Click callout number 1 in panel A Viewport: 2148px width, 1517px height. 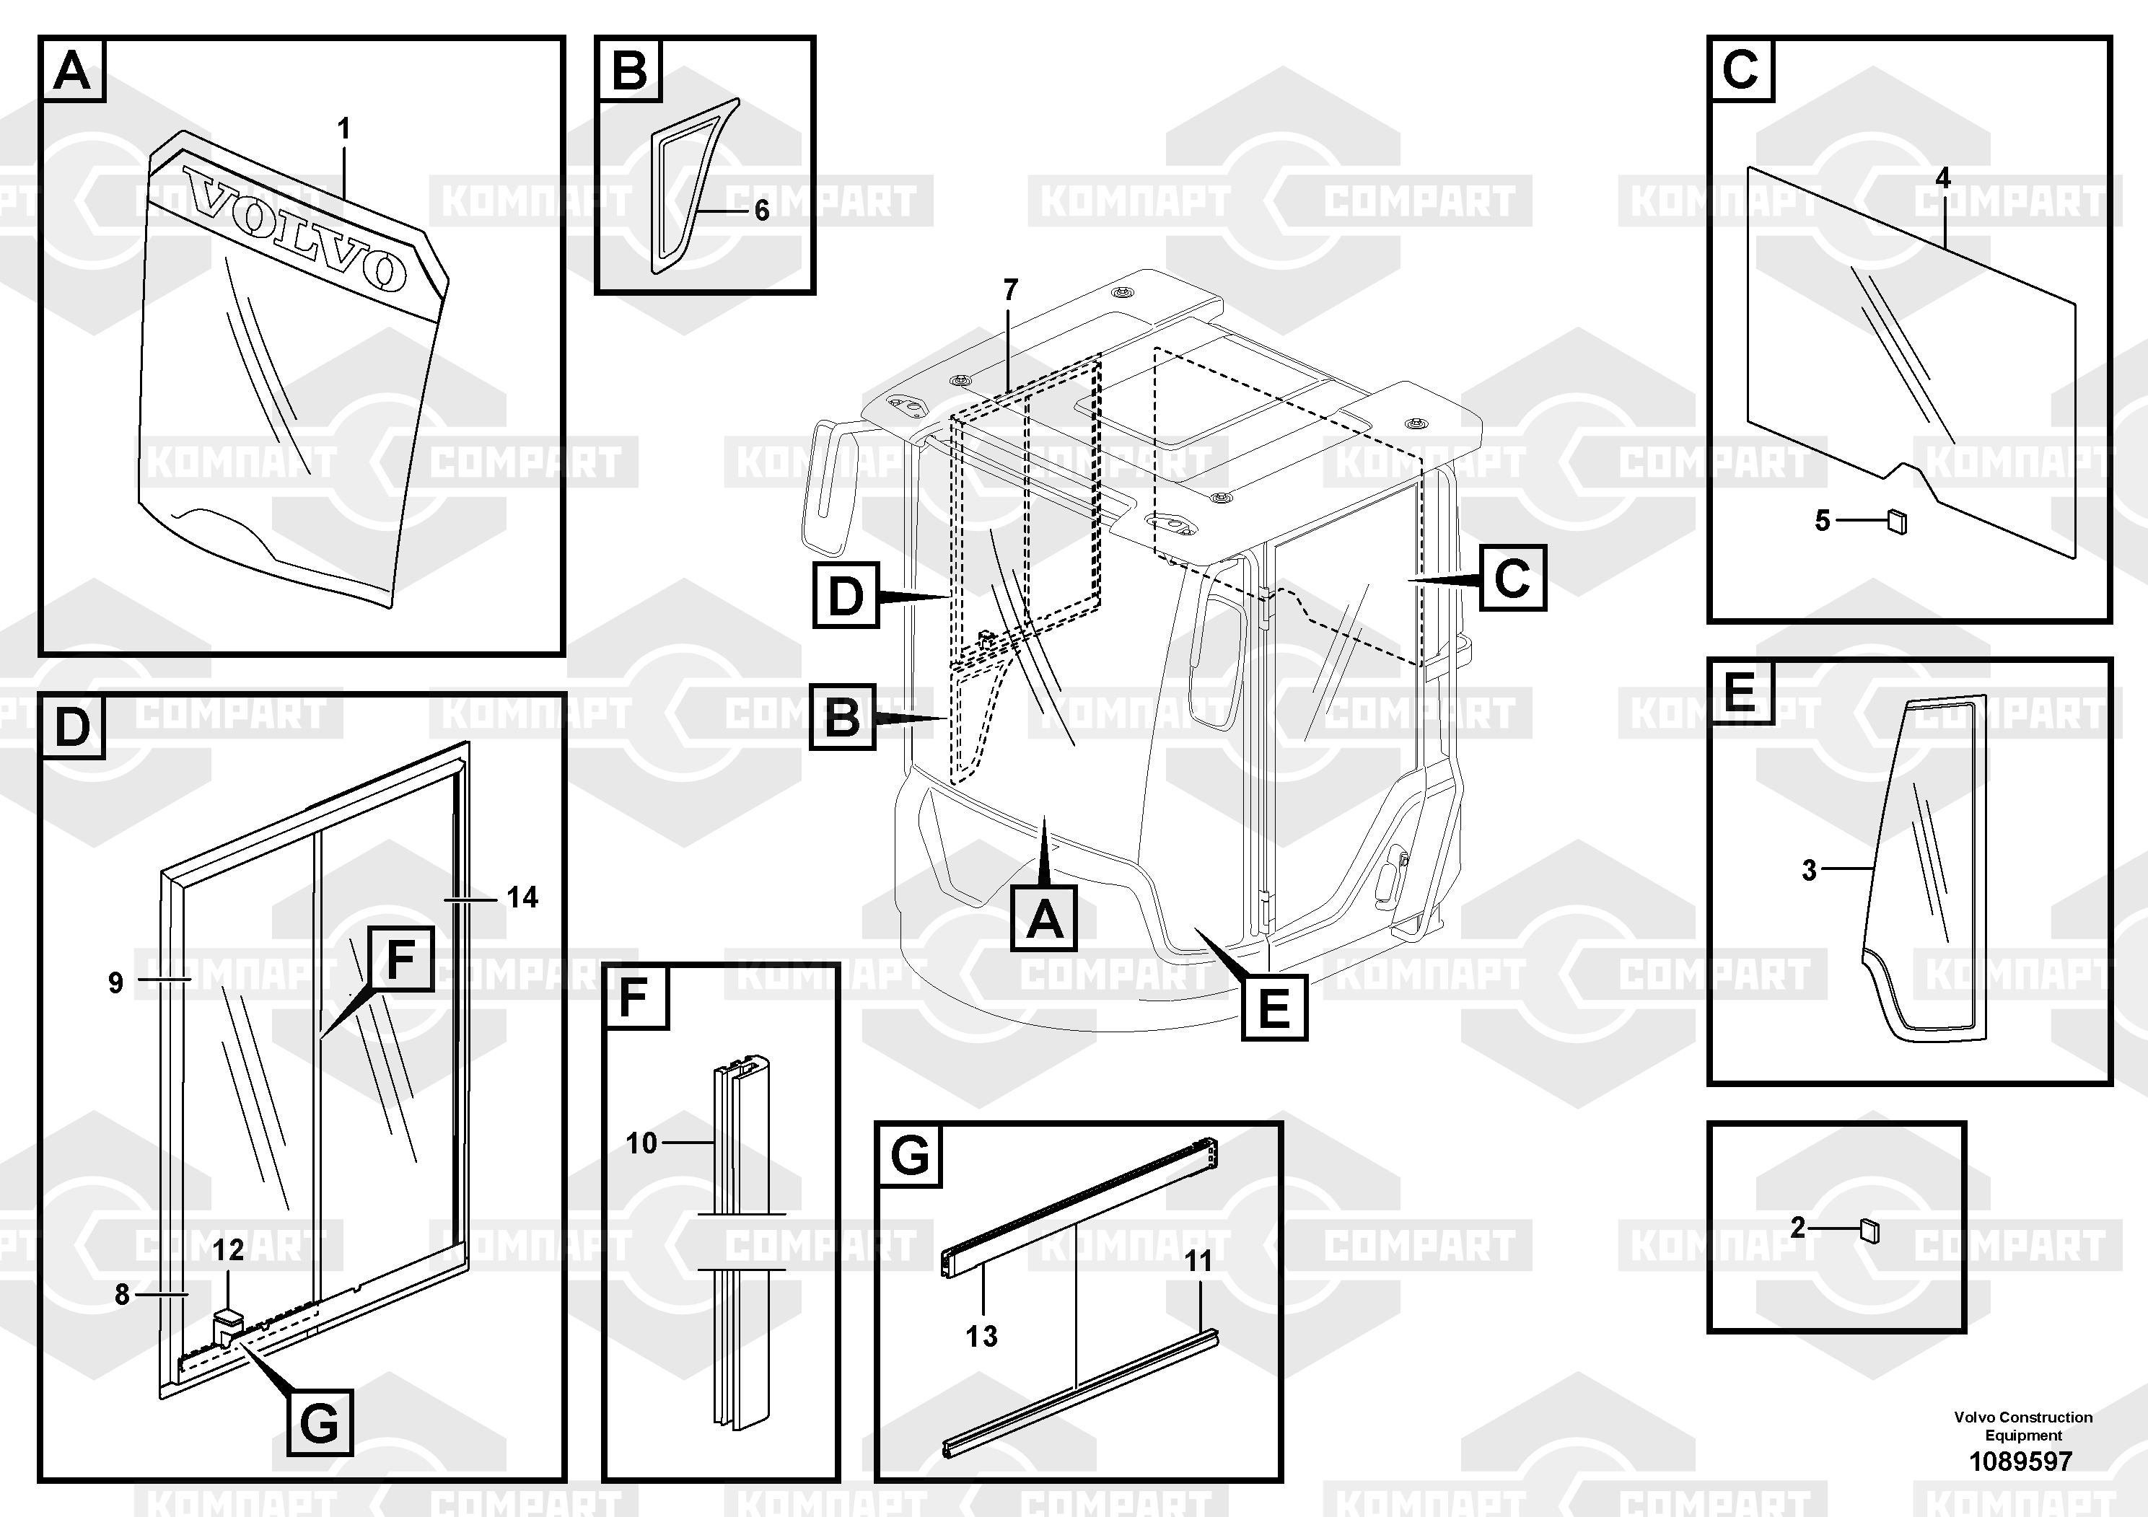[x=343, y=129]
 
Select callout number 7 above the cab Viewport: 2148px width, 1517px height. [x=1009, y=291]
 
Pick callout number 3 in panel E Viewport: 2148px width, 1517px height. [x=1810, y=871]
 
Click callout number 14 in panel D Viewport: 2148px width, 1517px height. [x=522, y=898]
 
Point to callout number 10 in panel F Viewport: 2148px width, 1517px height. [x=641, y=1143]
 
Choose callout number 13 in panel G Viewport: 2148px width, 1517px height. [x=981, y=1337]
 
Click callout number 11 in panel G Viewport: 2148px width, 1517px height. [x=1198, y=1262]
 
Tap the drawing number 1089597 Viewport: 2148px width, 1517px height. [x=2021, y=1461]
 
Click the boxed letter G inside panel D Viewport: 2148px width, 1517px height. [x=319, y=1423]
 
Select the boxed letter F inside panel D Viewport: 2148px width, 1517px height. [x=400, y=959]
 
